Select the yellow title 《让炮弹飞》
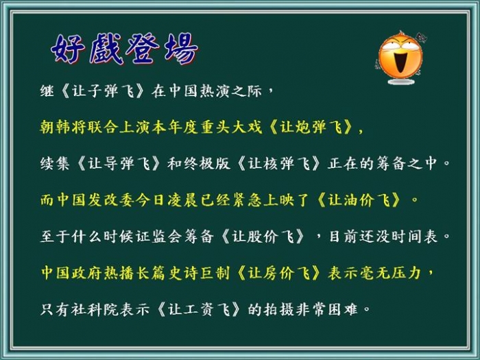pos(311,127)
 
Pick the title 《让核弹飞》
pos(278,163)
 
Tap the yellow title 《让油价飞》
pos(359,200)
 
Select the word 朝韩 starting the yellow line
pos(56,127)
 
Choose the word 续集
pos(55,163)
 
